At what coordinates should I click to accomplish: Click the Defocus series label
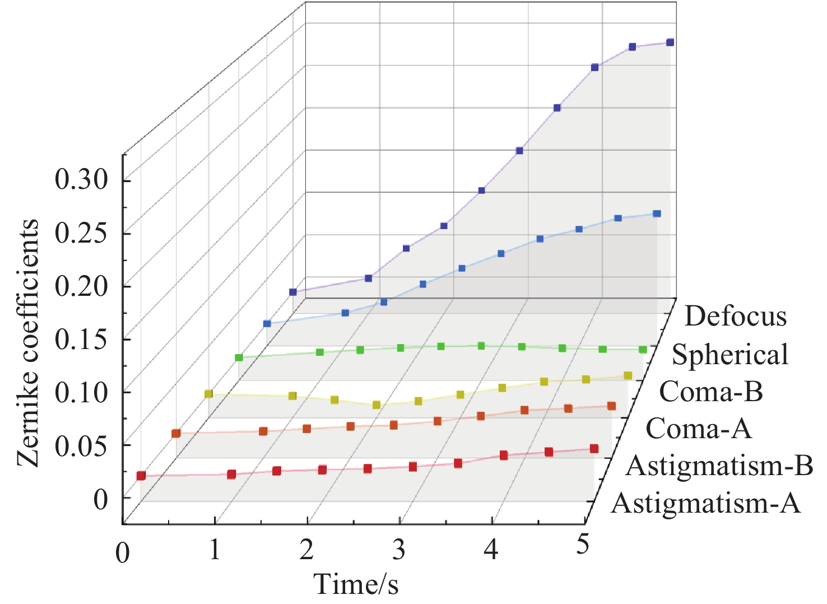point(735,317)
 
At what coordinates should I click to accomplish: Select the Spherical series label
point(730,355)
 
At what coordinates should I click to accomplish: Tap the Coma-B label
point(711,391)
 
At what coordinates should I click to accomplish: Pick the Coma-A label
point(698,429)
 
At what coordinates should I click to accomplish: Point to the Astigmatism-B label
point(719,466)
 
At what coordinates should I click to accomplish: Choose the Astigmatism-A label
point(706,503)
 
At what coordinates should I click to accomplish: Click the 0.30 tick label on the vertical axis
point(81,180)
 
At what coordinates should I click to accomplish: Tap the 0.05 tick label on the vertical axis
point(81,445)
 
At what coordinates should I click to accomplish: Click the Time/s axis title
point(356,584)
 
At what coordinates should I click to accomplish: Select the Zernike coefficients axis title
point(28,343)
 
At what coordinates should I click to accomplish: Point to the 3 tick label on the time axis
point(398,550)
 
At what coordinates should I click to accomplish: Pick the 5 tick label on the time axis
point(583,543)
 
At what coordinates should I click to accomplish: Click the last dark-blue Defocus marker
point(670,43)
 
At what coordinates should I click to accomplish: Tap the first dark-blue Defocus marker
point(292,292)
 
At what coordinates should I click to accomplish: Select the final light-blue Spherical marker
point(657,213)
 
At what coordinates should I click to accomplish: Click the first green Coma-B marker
point(239,357)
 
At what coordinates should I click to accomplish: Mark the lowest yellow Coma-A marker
point(377,405)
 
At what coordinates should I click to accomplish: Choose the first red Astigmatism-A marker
point(141,476)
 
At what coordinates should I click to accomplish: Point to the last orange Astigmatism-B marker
point(611,406)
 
